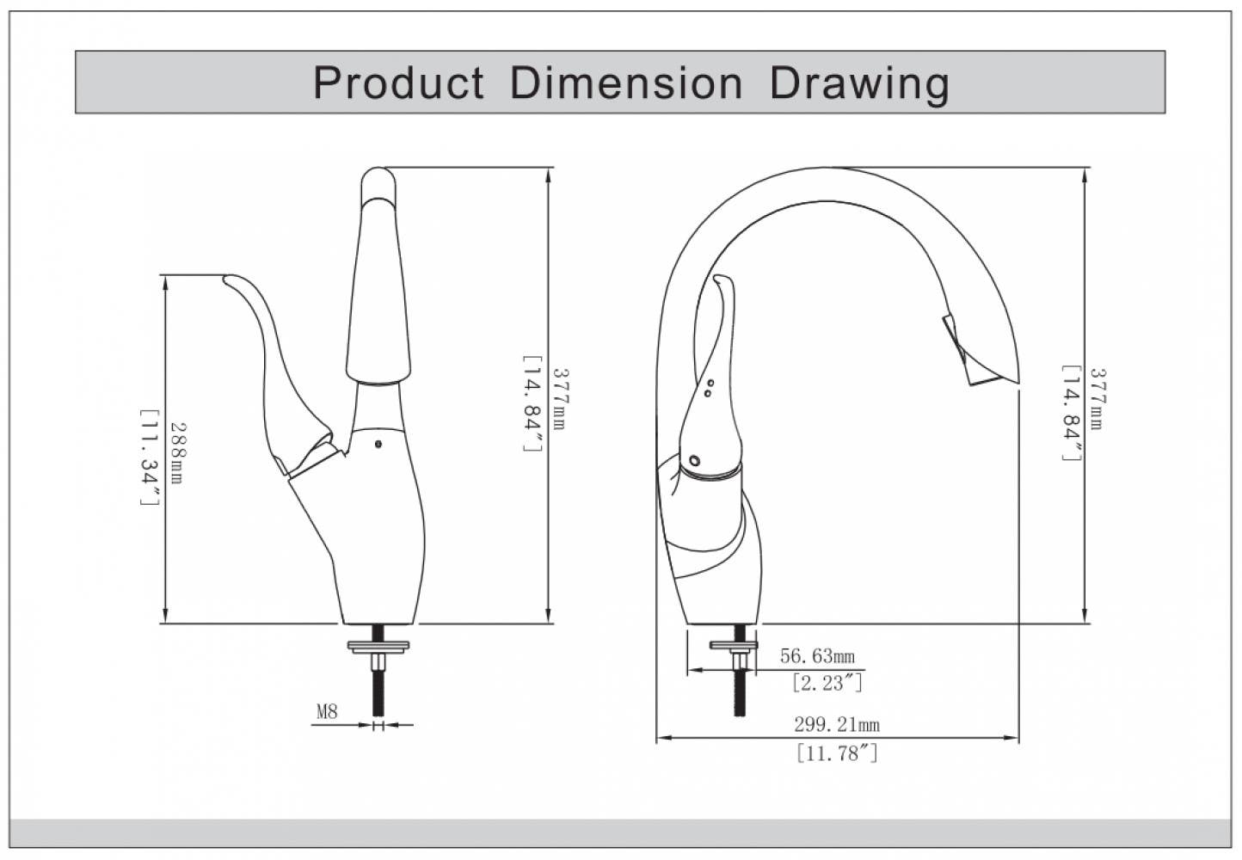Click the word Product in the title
pyautogui.click(x=398, y=83)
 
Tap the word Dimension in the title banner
pyautogui.click(x=625, y=83)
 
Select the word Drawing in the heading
pyautogui.click(x=859, y=83)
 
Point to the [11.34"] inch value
pyautogui.click(x=151, y=457)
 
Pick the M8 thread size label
pyautogui.click(x=327, y=711)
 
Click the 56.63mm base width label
pyautogui.click(x=817, y=656)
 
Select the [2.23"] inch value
pyautogui.click(x=826, y=683)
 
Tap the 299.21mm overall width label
pyautogui.click(x=836, y=725)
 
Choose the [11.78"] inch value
pyautogui.click(x=836, y=754)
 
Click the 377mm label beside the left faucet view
pyautogui.click(x=559, y=399)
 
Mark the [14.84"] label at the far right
pyautogui.click(x=1071, y=413)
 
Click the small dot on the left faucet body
pyautogui.click(x=378, y=445)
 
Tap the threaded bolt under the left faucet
pyautogui.click(x=378, y=693)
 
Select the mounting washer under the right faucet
pyautogui.click(x=733, y=645)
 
